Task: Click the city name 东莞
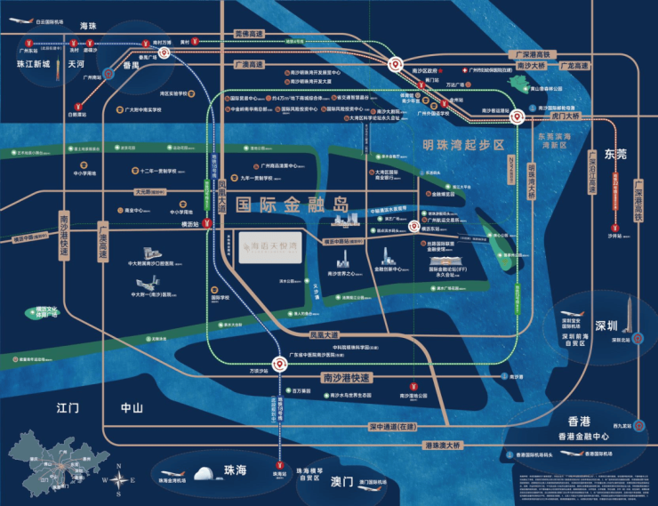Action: tap(615, 154)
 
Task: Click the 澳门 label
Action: tap(342, 481)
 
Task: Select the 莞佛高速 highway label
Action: tap(251, 34)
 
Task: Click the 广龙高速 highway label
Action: tap(575, 66)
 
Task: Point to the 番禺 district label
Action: tap(131, 65)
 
